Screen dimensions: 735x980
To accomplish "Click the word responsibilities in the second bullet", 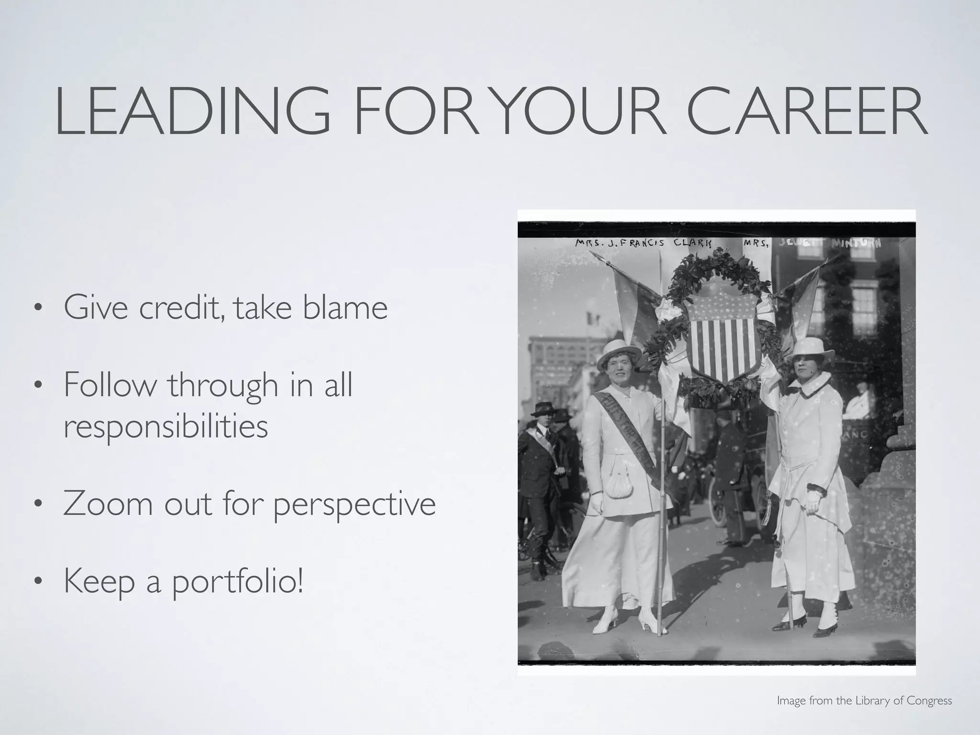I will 166,426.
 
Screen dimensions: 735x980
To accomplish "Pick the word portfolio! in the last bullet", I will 237,582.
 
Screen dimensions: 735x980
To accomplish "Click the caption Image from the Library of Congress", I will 864,701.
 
